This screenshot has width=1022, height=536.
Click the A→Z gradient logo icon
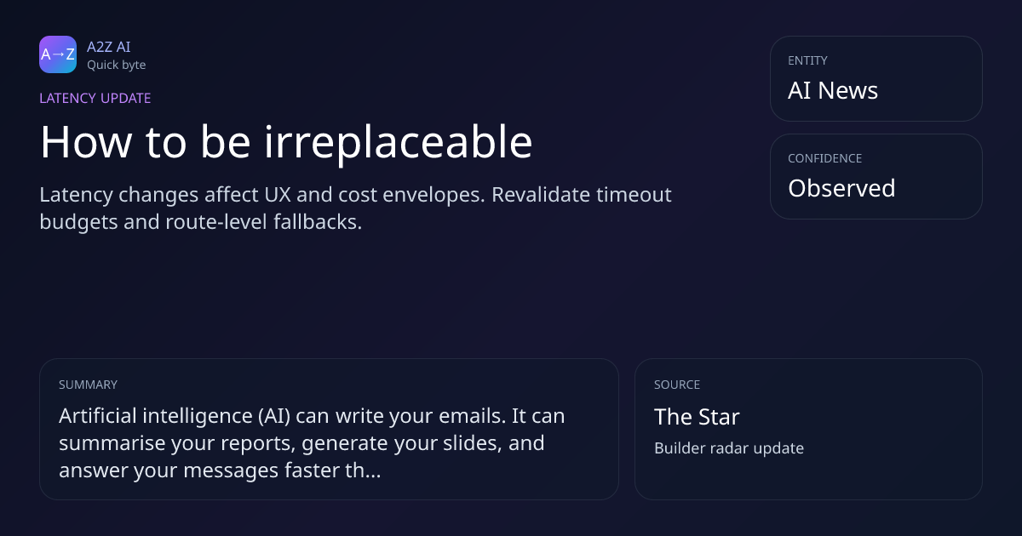pyautogui.click(x=58, y=54)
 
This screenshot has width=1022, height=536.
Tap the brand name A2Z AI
pyautogui.click(x=109, y=47)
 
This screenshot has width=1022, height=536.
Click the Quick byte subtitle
pyautogui.click(x=117, y=66)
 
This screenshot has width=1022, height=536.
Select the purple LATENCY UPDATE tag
pyautogui.click(x=95, y=98)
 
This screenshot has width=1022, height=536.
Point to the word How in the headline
pyautogui.click(x=86, y=142)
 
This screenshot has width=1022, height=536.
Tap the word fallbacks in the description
pyautogui.click(x=318, y=222)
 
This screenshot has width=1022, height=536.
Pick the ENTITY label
pyautogui.click(x=807, y=60)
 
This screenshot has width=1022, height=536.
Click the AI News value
pyautogui.click(x=833, y=90)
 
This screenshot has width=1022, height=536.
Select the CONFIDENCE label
pyautogui.click(x=825, y=158)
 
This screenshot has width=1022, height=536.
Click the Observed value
pyautogui.click(x=841, y=188)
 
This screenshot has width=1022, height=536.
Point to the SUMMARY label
pyautogui.click(x=88, y=385)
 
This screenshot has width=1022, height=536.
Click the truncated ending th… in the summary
pyautogui.click(x=363, y=470)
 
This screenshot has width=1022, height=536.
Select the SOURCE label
pyautogui.click(x=677, y=385)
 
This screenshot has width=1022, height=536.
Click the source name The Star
pyautogui.click(x=697, y=417)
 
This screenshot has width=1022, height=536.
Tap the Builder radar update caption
pyautogui.click(x=729, y=448)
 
